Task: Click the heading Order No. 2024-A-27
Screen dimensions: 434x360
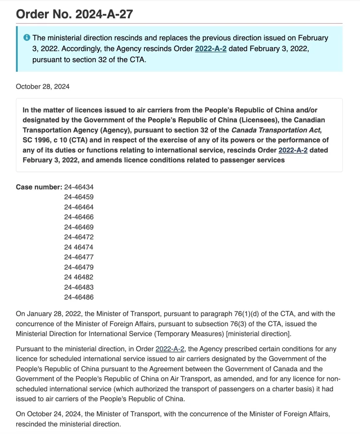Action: [74, 14]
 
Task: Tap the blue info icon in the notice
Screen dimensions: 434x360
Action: [27, 38]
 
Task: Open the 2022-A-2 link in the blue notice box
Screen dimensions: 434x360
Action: [211, 49]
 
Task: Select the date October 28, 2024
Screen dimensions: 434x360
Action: [43, 87]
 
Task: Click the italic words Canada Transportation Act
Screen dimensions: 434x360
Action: [276, 130]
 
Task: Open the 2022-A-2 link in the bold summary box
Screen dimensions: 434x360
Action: [293, 150]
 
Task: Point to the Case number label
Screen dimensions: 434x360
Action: [39, 187]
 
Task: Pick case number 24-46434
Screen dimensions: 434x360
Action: [79, 187]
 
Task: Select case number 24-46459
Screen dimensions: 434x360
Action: [79, 197]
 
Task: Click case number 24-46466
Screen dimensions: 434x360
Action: [79, 217]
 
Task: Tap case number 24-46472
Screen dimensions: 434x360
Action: [79, 237]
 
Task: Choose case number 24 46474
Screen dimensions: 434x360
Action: [79, 247]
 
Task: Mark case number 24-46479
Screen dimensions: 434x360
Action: [79, 267]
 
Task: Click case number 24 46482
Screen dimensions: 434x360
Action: [79, 277]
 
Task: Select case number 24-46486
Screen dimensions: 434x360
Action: [79, 297]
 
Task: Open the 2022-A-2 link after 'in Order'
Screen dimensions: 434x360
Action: [170, 349]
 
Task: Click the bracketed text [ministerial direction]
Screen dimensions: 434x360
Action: [258, 334]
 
